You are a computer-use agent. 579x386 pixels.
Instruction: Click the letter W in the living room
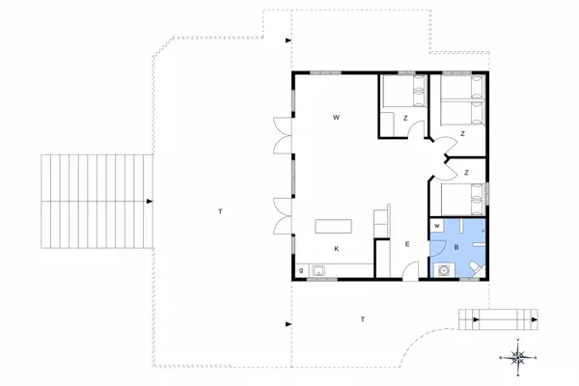click(x=337, y=118)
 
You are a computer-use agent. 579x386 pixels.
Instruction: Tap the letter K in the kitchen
click(x=337, y=249)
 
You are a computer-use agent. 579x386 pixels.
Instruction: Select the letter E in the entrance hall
click(x=407, y=245)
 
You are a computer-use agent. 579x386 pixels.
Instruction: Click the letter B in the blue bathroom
click(x=456, y=247)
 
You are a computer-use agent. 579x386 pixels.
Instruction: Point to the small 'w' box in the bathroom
click(x=437, y=226)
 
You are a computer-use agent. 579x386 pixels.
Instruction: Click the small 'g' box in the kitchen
click(x=302, y=270)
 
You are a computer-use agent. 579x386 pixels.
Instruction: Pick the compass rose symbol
click(x=518, y=357)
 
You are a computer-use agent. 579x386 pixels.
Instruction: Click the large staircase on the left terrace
click(x=96, y=201)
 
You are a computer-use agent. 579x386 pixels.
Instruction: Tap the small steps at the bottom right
click(x=498, y=317)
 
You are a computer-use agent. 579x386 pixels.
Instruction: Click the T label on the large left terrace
click(x=220, y=211)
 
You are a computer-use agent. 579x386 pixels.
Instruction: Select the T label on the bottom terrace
click(x=363, y=319)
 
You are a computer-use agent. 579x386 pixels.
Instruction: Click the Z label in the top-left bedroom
click(x=406, y=119)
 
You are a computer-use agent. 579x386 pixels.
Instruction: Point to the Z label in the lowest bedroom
click(x=466, y=173)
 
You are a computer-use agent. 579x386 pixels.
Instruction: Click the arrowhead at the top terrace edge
click(x=289, y=41)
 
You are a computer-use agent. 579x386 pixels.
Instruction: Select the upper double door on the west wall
click(x=280, y=134)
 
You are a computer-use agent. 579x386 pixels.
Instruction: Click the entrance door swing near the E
click(x=410, y=270)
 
